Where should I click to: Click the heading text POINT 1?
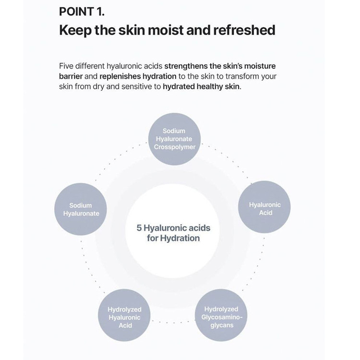(x=82, y=12)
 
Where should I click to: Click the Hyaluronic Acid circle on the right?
(x=265, y=208)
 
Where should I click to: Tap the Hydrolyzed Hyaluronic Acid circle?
(x=124, y=317)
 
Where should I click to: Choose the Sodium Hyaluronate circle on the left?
(x=81, y=209)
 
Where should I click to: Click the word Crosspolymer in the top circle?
(x=175, y=147)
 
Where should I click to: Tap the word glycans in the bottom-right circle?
(x=221, y=325)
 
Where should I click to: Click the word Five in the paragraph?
(x=67, y=66)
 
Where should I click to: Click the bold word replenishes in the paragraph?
(x=120, y=76)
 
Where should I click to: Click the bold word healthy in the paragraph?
(x=211, y=87)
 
